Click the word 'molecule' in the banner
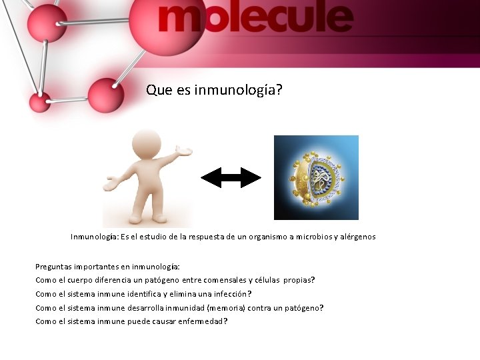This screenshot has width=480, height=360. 255,19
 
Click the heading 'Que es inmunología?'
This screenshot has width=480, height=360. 214,89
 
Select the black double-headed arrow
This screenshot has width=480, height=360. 231,177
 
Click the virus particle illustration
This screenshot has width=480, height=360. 316,178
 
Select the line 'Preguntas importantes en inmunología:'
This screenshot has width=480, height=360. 107,267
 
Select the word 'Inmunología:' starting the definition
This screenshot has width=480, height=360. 94,237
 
